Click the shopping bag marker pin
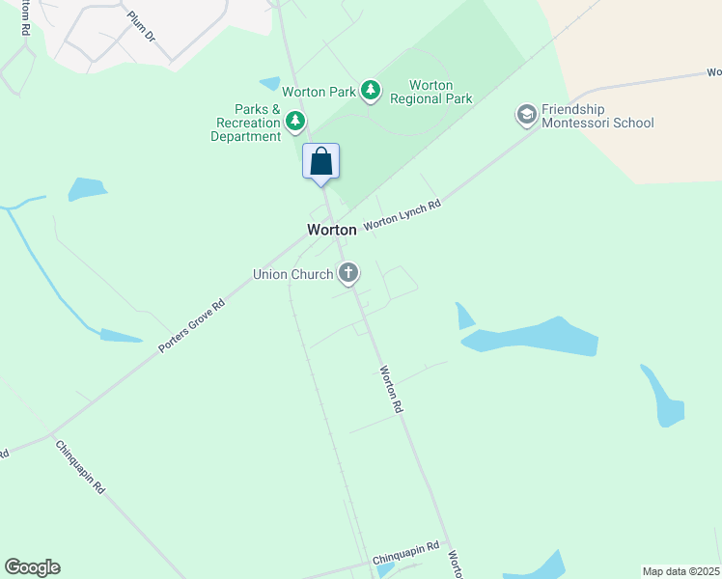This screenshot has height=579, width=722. [x=321, y=162]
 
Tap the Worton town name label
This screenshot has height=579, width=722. [x=332, y=230]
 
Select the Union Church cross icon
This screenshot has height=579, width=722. [x=348, y=274]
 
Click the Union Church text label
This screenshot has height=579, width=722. [x=292, y=274]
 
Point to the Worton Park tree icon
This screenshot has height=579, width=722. [x=371, y=92]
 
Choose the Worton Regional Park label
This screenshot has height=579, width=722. [x=430, y=92]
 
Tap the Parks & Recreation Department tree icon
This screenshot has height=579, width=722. [x=295, y=122]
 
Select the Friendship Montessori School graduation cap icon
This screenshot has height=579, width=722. [x=526, y=116]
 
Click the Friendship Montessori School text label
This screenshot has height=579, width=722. [x=597, y=116]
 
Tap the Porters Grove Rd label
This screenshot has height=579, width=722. [x=192, y=325]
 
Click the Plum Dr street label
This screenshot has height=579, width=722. [x=141, y=26]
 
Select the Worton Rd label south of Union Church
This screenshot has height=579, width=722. [x=391, y=389]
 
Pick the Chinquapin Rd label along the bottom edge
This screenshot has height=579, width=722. [x=406, y=554]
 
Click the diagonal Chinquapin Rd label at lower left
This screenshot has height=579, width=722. [x=80, y=467]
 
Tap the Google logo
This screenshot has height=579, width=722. [x=32, y=567]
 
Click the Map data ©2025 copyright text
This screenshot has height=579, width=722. [x=680, y=571]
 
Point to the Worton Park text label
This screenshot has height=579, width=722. [x=319, y=92]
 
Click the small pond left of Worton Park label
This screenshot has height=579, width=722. [x=269, y=84]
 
